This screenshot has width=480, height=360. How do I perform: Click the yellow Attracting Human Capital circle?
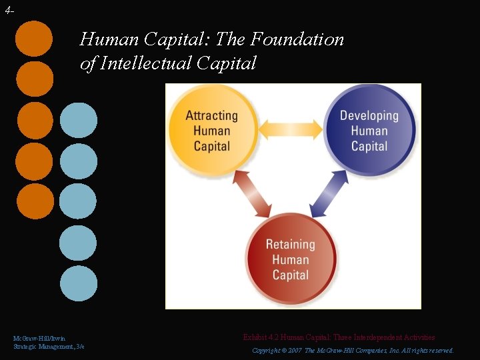pyautogui.click(x=211, y=131)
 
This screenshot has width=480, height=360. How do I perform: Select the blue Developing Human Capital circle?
pyautogui.click(x=369, y=131)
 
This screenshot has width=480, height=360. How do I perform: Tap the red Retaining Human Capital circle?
pyautogui.click(x=291, y=260)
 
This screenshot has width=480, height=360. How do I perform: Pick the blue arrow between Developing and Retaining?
pyautogui.click(x=330, y=194)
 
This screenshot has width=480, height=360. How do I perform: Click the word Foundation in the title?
pyautogui.click(x=297, y=39)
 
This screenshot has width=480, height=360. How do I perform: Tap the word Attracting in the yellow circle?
pyautogui.click(x=211, y=115)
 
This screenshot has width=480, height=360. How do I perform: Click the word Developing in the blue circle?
pyautogui.click(x=369, y=115)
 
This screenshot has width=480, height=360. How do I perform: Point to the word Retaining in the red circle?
pyautogui.click(x=291, y=244)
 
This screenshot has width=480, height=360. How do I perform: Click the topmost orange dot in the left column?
pyautogui.click(x=35, y=38)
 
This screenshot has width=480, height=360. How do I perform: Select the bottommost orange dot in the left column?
pyautogui.click(x=35, y=201)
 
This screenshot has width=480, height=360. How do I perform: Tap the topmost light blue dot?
pyautogui.click(x=78, y=120)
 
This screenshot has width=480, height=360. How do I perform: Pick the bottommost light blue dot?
pyautogui.click(x=78, y=283)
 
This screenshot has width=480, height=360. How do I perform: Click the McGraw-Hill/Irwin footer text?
pyautogui.click(x=39, y=339)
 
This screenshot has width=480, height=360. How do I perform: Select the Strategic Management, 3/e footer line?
pyautogui.click(x=49, y=347)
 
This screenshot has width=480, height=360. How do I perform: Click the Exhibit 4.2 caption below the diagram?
pyautogui.click(x=339, y=337)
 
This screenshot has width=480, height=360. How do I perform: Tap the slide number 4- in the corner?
pyautogui.click(x=8, y=9)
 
